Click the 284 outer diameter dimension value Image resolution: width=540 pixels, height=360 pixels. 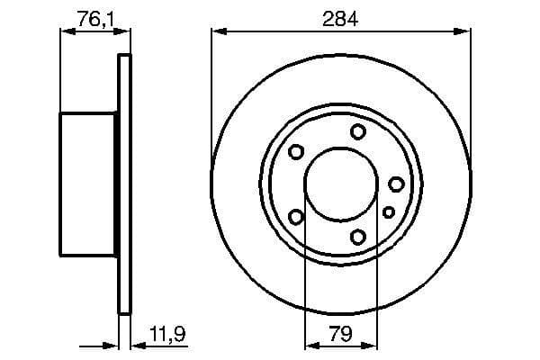[x=341, y=18]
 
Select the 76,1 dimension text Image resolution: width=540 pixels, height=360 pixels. [x=89, y=18]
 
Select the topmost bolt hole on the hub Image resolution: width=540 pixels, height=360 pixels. [x=358, y=132]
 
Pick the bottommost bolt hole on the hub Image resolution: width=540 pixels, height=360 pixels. [x=358, y=237]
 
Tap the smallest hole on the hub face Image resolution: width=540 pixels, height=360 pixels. [x=389, y=211]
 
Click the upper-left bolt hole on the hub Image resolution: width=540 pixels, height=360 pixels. [x=295, y=152]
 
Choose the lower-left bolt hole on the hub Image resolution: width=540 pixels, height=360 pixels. [x=295, y=216]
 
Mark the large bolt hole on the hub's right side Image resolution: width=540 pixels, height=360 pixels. [x=396, y=184]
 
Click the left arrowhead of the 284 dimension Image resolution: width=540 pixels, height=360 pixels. [x=217, y=32]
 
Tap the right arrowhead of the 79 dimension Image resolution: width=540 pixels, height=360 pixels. [x=371, y=345]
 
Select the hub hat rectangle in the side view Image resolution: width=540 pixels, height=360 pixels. [x=88, y=184]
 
